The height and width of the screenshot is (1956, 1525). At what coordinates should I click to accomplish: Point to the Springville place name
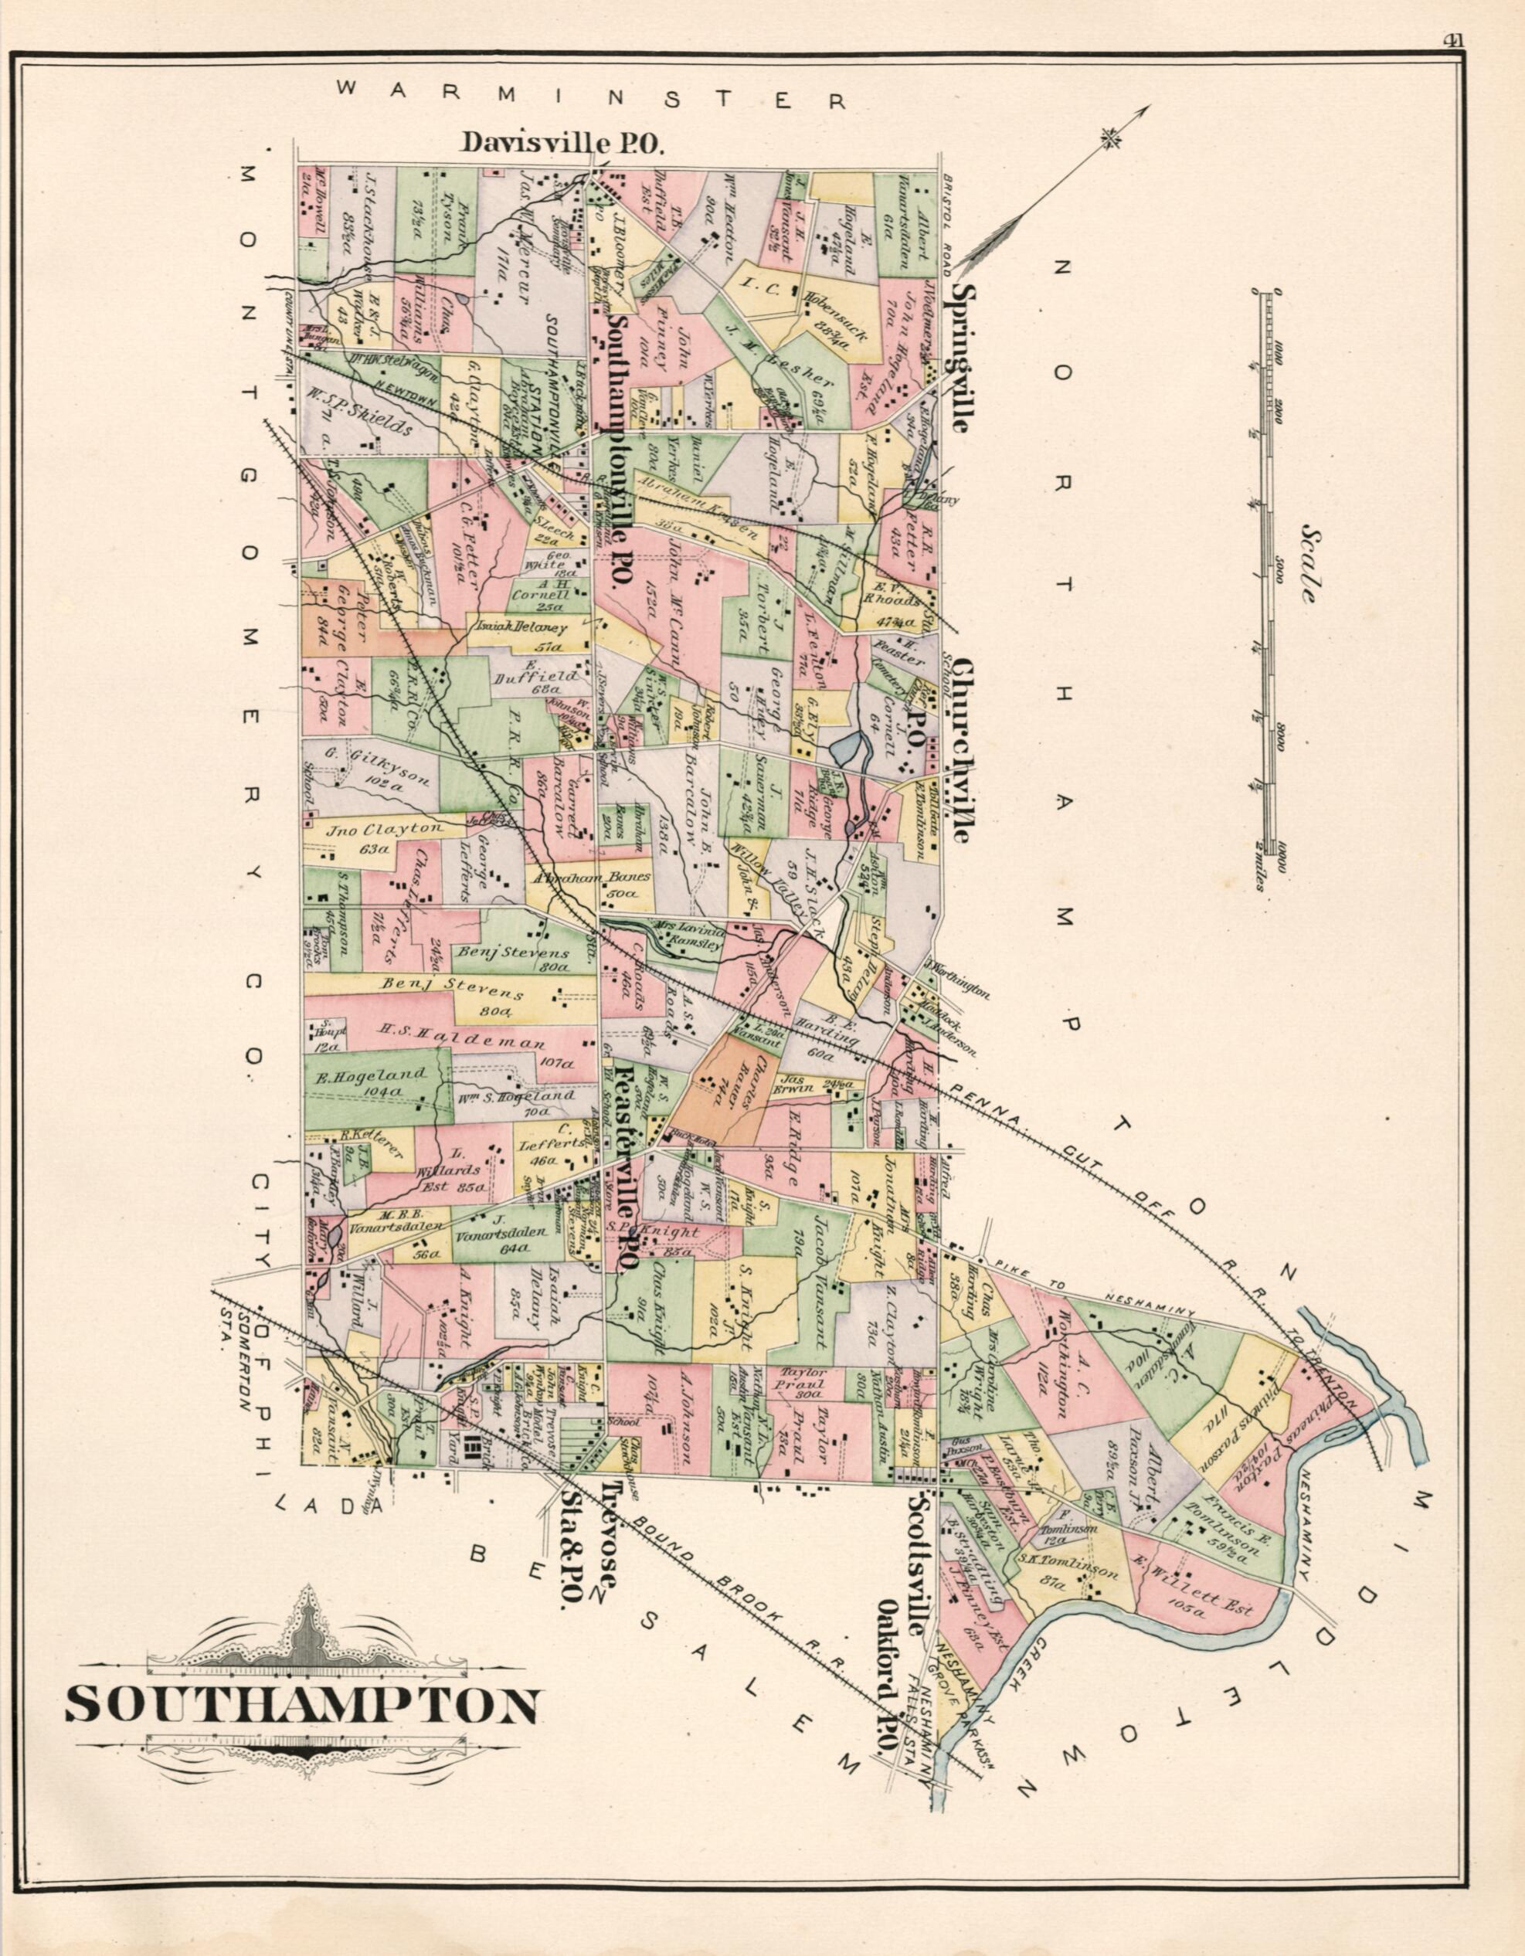point(962,359)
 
